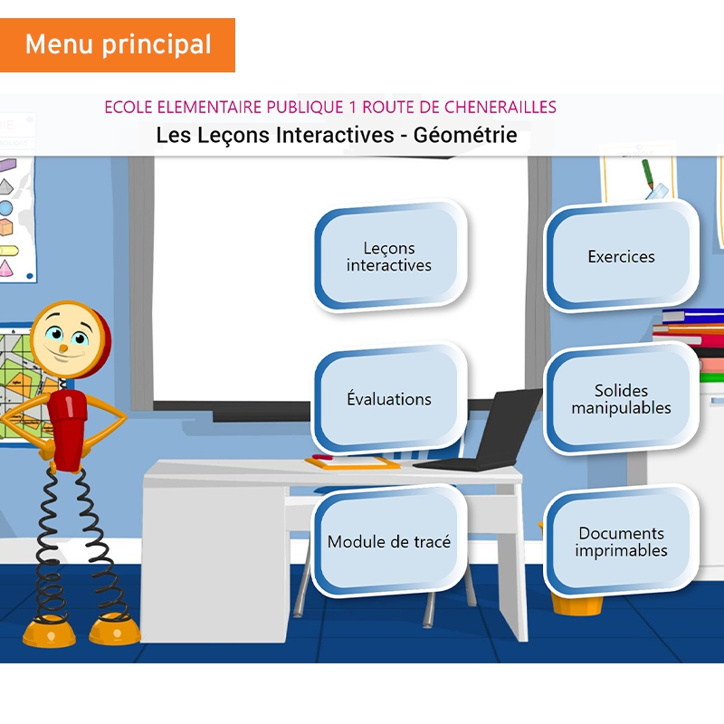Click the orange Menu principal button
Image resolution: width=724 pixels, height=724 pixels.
click(118, 44)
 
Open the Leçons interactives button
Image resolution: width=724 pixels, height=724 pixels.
click(389, 257)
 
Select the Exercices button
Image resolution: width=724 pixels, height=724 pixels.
click(621, 257)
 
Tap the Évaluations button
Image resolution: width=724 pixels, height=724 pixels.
click(389, 399)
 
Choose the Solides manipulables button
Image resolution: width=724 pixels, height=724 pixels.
click(621, 399)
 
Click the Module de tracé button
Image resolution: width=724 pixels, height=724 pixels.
click(389, 542)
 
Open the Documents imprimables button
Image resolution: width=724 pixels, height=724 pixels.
click(621, 542)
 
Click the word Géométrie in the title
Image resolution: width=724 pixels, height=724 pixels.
click(465, 136)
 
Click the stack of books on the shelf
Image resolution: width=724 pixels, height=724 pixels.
click(692, 326)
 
